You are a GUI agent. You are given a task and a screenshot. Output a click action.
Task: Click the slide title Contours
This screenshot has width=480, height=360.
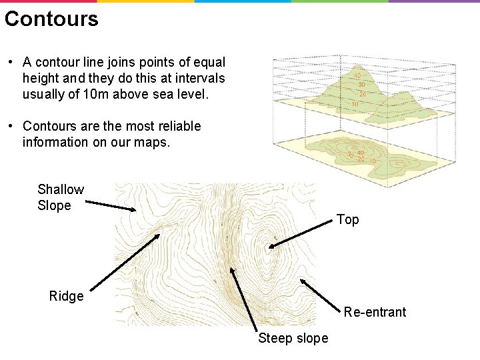click(51, 19)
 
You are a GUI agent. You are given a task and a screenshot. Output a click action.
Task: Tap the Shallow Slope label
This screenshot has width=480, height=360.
click(61, 198)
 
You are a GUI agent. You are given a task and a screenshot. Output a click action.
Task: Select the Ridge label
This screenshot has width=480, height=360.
click(67, 297)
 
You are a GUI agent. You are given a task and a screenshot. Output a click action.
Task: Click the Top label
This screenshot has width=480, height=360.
click(347, 220)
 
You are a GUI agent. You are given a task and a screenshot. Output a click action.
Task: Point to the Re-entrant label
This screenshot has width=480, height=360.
click(375, 312)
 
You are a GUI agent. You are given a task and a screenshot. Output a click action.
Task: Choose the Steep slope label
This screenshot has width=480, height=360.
click(293, 339)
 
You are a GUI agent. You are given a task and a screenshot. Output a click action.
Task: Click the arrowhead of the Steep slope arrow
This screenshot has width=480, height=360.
click(233, 269)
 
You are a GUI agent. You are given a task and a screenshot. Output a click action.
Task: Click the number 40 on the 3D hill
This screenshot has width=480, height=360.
click(357, 76)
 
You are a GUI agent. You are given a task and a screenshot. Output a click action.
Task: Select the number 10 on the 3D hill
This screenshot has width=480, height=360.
click(355, 104)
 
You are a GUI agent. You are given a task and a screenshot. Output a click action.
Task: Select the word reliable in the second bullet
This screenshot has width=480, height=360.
click(178, 126)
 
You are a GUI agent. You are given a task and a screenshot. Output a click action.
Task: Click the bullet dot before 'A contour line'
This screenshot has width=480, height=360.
click(11, 63)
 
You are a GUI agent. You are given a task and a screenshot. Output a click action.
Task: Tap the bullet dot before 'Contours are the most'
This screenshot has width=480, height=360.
click(11, 126)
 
